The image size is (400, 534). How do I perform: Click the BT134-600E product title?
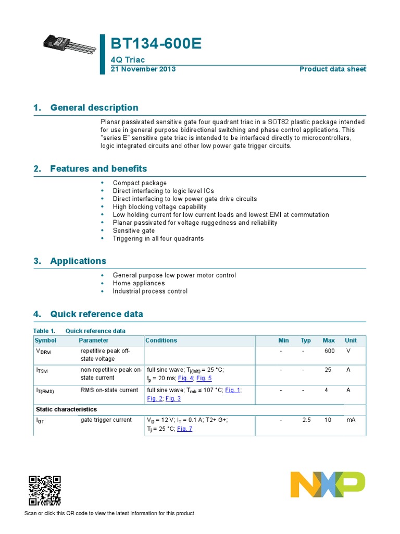(x=156, y=45)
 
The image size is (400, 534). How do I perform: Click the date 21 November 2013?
(x=143, y=69)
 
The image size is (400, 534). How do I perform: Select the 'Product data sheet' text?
(x=332, y=69)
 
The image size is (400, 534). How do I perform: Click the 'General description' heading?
(x=94, y=107)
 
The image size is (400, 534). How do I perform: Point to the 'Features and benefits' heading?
(x=98, y=168)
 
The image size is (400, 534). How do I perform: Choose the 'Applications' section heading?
(x=78, y=261)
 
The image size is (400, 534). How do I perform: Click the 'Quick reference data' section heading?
(x=96, y=314)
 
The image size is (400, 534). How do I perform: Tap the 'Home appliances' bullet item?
(x=139, y=283)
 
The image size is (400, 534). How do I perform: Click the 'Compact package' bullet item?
(x=140, y=183)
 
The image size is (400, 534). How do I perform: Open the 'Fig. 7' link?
(x=184, y=429)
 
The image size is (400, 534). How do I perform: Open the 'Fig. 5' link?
(x=204, y=378)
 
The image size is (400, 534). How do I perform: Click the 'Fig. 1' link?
(x=233, y=390)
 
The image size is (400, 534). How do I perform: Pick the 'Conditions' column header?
(x=161, y=341)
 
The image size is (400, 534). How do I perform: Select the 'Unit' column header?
(x=351, y=341)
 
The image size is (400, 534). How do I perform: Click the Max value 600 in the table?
(x=329, y=351)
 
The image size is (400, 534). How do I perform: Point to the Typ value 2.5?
(x=306, y=420)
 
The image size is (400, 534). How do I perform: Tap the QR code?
(x=44, y=491)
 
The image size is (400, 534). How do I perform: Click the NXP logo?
(x=328, y=484)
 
